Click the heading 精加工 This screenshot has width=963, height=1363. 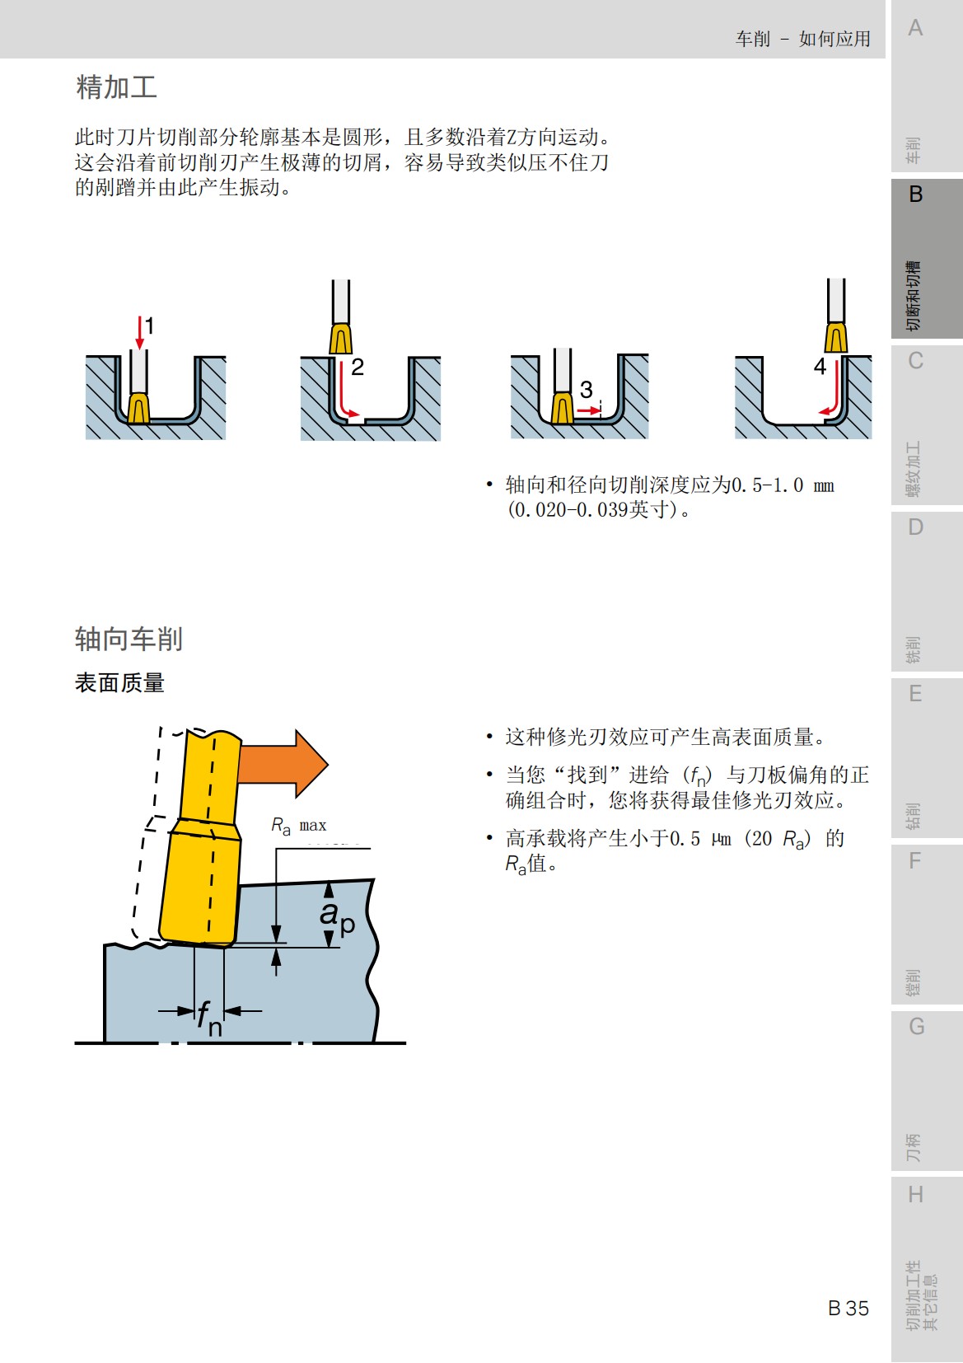116,87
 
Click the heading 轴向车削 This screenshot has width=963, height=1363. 129,639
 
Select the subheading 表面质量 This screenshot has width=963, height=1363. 119,683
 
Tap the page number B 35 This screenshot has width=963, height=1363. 848,1308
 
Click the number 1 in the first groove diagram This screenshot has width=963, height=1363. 150,326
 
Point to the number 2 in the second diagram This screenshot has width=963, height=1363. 358,367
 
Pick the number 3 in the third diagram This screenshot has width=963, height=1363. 586,389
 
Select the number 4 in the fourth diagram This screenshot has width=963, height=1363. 820,366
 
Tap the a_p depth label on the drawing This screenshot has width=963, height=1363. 337,915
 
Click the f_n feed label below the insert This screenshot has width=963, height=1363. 209,1018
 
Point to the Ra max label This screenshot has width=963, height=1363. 298,825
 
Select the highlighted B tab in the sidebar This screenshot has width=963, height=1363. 915,194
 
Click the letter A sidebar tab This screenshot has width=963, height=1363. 915,28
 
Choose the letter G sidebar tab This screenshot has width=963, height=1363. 916,1027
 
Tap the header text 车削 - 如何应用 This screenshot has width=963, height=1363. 802,39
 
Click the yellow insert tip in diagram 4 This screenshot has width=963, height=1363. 836,338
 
